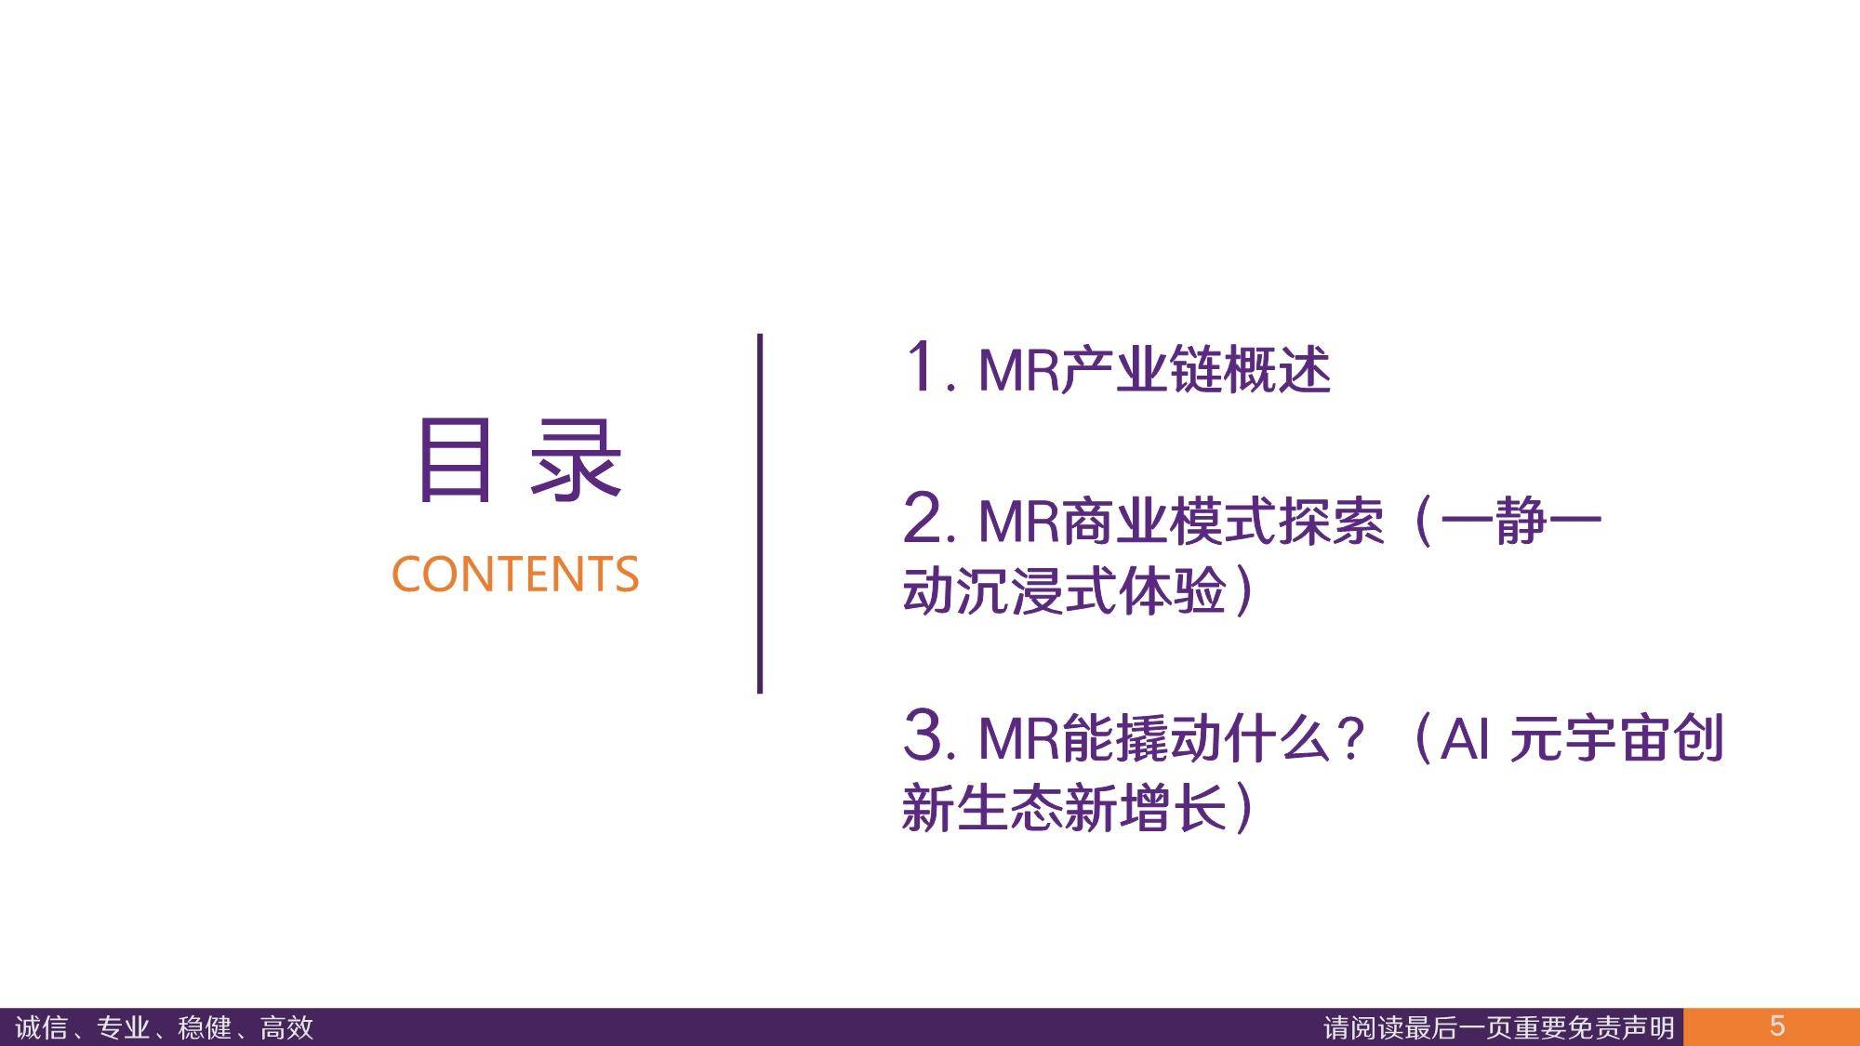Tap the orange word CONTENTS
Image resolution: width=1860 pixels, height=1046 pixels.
click(515, 574)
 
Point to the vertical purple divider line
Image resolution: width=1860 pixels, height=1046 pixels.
click(760, 513)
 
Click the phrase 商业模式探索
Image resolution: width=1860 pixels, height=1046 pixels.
click(1223, 521)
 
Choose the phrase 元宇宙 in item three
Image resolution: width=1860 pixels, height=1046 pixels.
click(1589, 739)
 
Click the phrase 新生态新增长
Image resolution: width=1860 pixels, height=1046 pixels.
click(1064, 806)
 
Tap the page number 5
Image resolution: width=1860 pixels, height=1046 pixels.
click(1777, 1026)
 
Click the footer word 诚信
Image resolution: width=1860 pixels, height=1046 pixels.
click(42, 1027)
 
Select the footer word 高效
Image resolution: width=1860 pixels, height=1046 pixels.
click(286, 1027)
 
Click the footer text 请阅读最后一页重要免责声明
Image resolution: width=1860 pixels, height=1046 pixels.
click(1499, 1027)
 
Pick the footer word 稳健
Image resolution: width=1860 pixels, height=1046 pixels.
click(205, 1027)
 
